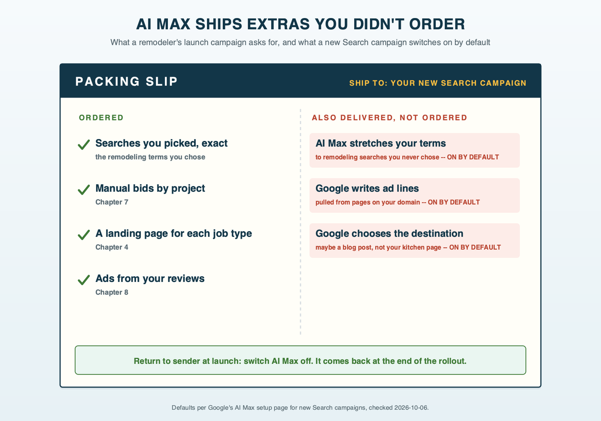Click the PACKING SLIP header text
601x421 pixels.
coord(126,81)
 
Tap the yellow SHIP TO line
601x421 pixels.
coord(437,83)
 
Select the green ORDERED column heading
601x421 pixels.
coord(101,118)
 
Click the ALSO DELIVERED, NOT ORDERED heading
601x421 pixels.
coord(389,118)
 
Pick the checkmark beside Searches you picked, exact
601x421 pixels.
coord(83,144)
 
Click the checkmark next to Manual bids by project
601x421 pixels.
coord(83,189)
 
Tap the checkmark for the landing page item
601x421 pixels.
coord(83,235)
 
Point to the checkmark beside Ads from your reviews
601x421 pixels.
coord(83,280)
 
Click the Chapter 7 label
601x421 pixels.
coord(112,202)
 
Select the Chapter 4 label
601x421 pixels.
coord(112,247)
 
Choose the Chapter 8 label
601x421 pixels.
coord(112,292)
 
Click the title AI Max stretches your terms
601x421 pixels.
coord(380,143)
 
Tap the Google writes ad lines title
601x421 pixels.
coord(367,188)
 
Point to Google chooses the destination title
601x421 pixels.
coord(389,233)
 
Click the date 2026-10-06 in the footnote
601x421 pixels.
coord(411,408)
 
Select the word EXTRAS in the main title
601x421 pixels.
coord(279,24)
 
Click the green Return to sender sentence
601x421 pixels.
coord(300,361)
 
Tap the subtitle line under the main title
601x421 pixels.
coord(300,43)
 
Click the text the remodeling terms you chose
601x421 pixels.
coord(150,157)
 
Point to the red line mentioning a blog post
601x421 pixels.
coord(408,247)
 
